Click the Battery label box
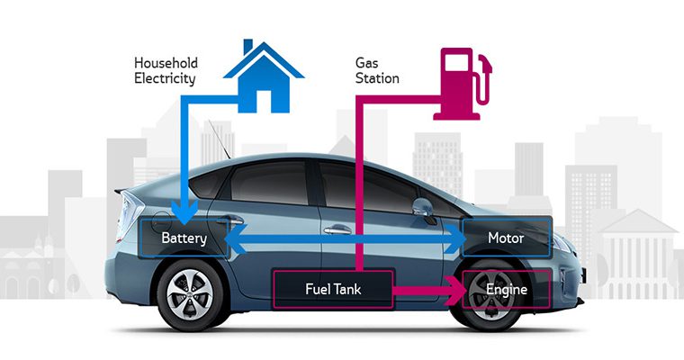(184, 238)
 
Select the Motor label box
(507, 238)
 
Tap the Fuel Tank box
(333, 289)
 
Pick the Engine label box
(507, 289)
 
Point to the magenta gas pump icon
(463, 84)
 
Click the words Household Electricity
(166, 71)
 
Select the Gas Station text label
(377, 71)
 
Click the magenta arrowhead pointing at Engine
(456, 290)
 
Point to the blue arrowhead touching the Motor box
(455, 238)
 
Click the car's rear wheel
(190, 294)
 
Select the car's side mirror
(423, 209)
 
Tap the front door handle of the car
(337, 229)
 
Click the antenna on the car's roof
(220, 139)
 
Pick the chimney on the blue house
(247, 46)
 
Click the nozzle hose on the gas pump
(484, 80)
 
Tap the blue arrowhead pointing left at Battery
(236, 238)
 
